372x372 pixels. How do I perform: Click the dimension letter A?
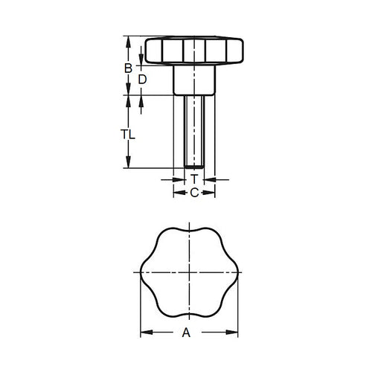point(187,333)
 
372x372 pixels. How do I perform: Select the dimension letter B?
point(128,68)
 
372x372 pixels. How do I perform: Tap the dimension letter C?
point(193,193)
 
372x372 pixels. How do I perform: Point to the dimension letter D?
point(141,79)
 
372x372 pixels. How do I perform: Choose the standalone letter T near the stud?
point(193,179)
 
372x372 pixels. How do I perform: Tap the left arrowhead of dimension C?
point(177,193)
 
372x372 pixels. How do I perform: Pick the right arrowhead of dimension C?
point(211,193)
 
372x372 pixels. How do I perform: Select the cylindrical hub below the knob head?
point(193,80)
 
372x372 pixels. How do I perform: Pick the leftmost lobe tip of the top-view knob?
point(142,272)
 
